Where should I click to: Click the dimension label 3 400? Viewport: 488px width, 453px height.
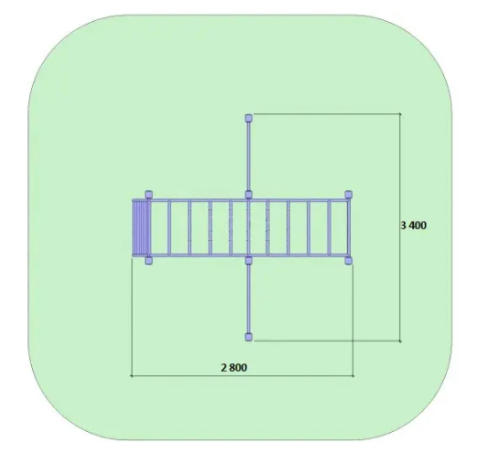(414, 225)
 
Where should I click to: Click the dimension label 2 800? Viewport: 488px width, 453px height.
(234, 368)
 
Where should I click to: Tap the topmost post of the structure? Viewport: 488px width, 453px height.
(248, 118)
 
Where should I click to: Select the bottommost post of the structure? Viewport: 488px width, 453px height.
(248, 337)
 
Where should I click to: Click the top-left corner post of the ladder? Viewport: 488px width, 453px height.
(148, 195)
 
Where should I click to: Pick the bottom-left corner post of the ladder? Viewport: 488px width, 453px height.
(148, 261)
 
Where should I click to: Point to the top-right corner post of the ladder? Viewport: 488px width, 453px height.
(349, 195)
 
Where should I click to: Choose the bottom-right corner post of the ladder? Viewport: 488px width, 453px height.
(349, 261)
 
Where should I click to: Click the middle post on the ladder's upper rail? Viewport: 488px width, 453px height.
(248, 195)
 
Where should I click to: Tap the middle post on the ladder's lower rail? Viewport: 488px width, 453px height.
(248, 261)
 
